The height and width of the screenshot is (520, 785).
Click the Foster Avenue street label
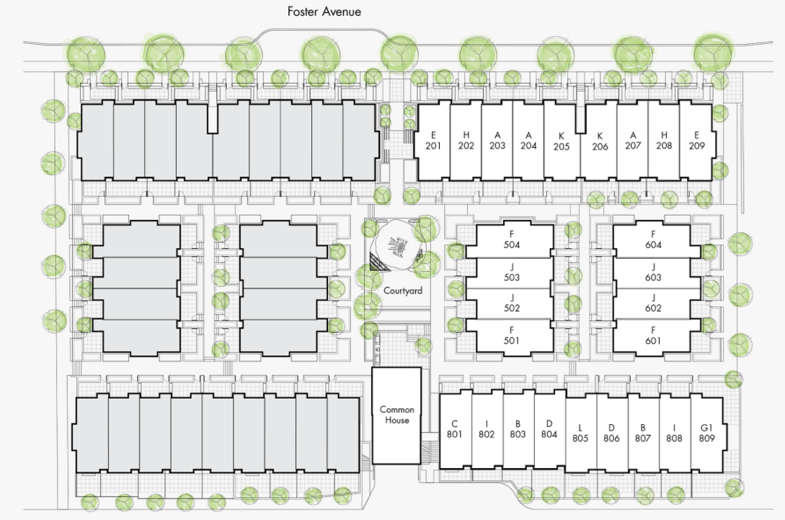click(324, 12)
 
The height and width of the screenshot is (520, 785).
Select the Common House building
click(396, 415)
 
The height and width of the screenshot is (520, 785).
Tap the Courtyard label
click(402, 291)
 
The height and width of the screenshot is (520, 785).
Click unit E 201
click(433, 141)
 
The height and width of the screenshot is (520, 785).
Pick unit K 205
click(561, 141)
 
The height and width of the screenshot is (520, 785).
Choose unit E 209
click(696, 141)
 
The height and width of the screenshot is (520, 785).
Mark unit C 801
click(454, 429)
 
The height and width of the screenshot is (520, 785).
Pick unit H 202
click(466, 141)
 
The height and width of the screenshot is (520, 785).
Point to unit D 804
click(549, 429)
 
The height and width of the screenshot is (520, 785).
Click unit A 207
click(633, 141)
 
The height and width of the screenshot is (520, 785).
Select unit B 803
click(518, 429)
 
